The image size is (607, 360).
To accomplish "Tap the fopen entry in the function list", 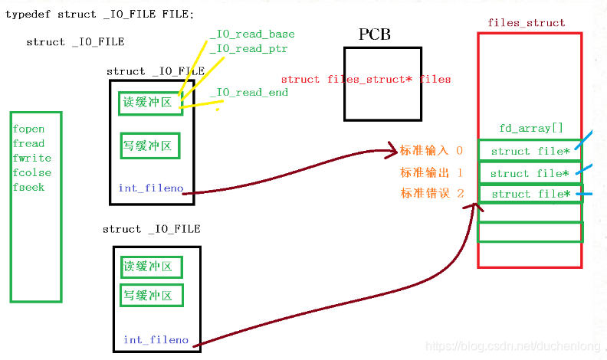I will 28,129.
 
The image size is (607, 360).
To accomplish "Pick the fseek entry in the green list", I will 28,188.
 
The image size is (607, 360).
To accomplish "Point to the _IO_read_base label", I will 252,34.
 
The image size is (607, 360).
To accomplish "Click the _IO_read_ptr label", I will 249,49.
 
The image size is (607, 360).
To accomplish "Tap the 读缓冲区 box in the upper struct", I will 150,103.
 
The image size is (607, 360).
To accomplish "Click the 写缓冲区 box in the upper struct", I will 150,146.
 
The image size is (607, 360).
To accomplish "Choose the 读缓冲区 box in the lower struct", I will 151,267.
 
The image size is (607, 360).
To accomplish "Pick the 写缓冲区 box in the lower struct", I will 151,295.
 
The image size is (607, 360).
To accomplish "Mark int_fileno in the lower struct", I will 156,340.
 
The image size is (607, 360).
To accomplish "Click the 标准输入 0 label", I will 431,151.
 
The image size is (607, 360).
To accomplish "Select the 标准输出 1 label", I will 431,172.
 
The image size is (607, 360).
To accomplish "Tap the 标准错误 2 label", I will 431,194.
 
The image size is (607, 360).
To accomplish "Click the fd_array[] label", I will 530,129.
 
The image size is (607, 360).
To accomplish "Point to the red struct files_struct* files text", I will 366,80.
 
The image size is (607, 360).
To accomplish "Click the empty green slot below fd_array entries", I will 530,231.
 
